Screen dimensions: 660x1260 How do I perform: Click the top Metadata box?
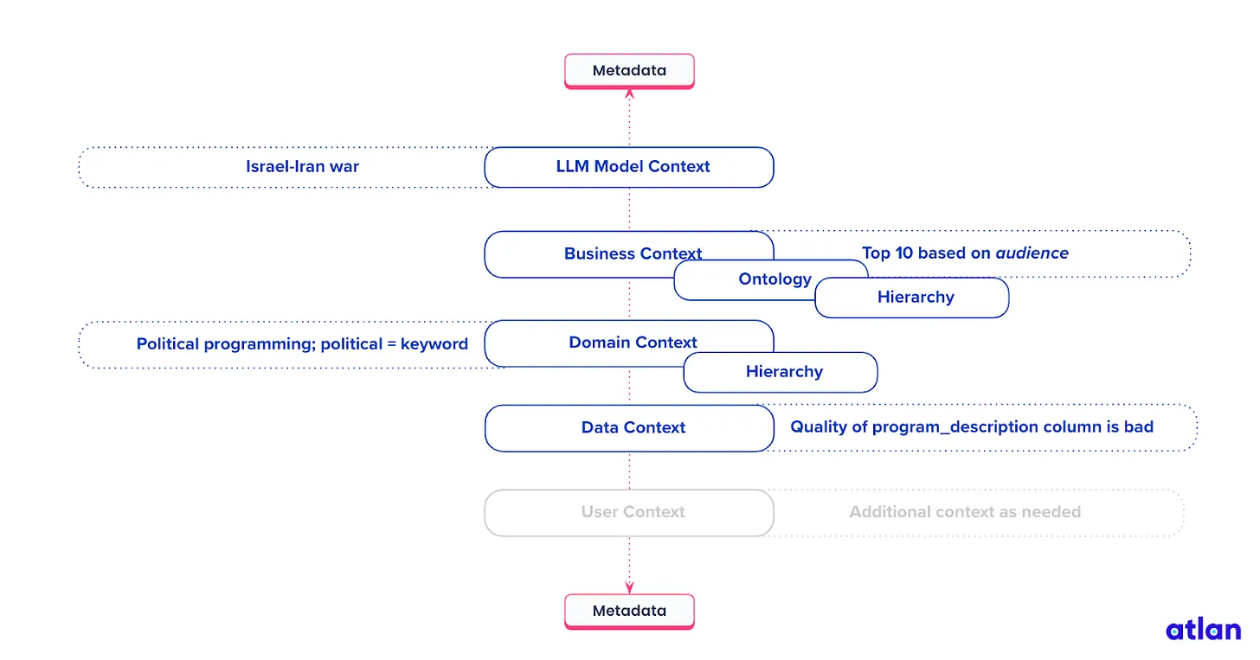click(x=629, y=71)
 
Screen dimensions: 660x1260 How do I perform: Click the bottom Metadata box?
click(x=629, y=611)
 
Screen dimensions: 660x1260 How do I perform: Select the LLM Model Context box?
click(x=629, y=167)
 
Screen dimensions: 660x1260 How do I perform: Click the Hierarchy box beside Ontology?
click(x=916, y=298)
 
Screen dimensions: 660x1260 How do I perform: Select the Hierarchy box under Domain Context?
click(x=783, y=373)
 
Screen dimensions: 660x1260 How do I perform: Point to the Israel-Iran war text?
click(x=302, y=167)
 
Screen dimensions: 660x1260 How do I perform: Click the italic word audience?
click(x=1032, y=253)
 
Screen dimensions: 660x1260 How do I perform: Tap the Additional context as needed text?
click(x=965, y=512)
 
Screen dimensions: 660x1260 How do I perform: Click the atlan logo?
click(x=1203, y=629)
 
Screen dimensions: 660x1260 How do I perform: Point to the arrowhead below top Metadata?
click(x=629, y=93)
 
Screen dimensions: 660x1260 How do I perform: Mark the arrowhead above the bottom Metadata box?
click(x=629, y=588)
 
